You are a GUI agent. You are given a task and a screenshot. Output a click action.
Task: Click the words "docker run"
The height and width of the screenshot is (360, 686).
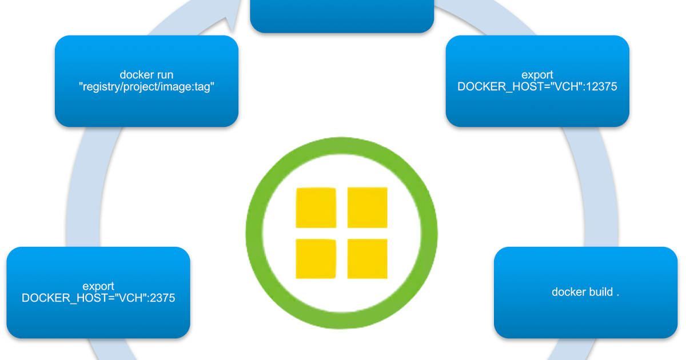[x=146, y=75]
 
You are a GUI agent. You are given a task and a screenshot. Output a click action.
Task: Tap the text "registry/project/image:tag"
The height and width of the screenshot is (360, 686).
[x=146, y=87]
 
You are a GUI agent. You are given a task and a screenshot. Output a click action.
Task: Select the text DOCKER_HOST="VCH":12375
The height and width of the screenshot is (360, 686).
[x=537, y=87]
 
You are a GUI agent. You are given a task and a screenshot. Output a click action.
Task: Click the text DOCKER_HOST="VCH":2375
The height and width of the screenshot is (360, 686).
[x=98, y=298]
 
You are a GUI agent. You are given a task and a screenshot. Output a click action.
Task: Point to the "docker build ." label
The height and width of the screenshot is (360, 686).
[x=585, y=292]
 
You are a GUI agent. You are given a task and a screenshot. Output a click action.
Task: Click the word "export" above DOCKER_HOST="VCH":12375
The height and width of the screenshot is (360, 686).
[x=537, y=75]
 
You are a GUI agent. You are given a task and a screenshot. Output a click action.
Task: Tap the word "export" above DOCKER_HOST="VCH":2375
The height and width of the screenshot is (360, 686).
[x=98, y=286]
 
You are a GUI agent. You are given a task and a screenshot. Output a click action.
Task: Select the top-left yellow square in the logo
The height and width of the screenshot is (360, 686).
[x=316, y=207]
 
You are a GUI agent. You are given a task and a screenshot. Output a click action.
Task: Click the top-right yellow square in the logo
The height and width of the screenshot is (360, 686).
[x=367, y=207]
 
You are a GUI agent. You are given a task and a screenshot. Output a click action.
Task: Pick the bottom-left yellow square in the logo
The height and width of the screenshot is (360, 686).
[x=316, y=258]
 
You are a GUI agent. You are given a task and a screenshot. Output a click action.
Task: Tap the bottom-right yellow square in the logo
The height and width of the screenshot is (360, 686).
[x=367, y=258]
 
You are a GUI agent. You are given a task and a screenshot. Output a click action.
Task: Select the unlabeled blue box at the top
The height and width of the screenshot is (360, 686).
[x=342, y=16]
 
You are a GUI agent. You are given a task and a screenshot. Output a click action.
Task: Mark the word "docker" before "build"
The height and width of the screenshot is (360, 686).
[x=569, y=292]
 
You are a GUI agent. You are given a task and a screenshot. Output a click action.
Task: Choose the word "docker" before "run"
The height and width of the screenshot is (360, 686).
[x=136, y=75]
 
